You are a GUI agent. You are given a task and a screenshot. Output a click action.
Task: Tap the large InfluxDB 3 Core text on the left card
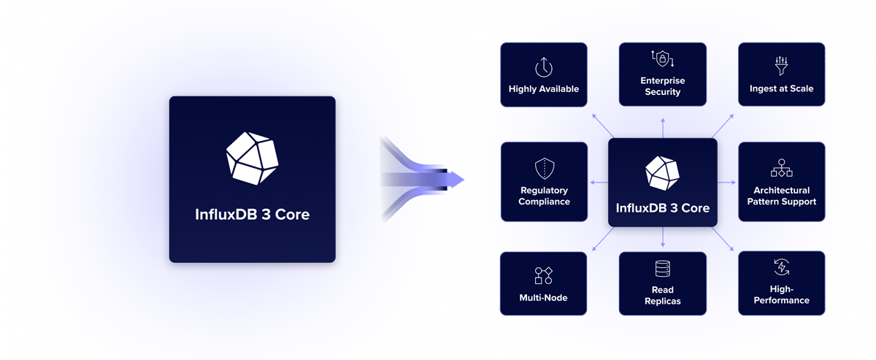click(252, 215)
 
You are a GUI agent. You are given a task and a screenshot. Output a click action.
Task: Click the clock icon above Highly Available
click(544, 67)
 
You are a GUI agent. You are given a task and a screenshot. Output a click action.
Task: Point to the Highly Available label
click(544, 89)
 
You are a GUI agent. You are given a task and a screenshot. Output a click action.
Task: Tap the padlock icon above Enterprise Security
click(663, 59)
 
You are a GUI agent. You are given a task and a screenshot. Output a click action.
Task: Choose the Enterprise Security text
click(663, 86)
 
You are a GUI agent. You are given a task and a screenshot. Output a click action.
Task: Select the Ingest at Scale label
click(781, 89)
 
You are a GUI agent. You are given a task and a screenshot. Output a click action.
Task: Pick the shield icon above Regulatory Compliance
click(544, 169)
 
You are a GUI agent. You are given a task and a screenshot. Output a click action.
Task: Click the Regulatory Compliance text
click(544, 196)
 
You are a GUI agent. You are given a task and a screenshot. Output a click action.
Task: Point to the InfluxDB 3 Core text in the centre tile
click(662, 208)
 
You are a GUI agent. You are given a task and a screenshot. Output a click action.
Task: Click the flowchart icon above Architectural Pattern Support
click(781, 169)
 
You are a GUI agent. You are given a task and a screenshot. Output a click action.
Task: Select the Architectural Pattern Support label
click(781, 196)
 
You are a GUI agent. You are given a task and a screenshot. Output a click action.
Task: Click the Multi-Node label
click(544, 298)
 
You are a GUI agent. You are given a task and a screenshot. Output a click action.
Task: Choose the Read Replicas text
click(663, 295)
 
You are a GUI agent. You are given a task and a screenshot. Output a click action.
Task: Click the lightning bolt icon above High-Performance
click(781, 267)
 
